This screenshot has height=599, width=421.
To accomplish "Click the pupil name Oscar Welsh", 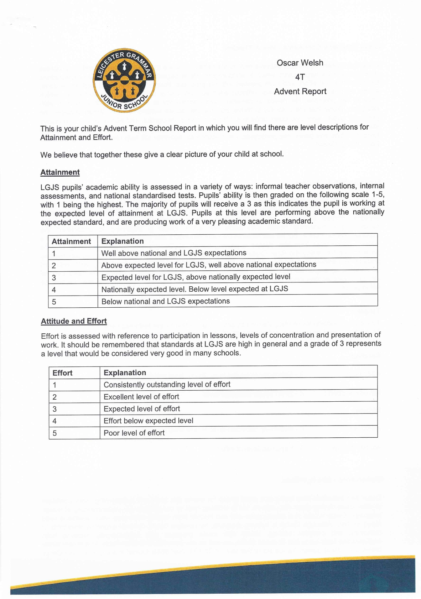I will (300, 63).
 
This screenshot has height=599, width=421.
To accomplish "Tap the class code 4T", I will (300, 77).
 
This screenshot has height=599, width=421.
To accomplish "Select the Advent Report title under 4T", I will (300, 92).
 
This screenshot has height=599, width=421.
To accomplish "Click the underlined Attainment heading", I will (60, 172).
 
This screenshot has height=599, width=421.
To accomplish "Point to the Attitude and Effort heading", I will (74, 321).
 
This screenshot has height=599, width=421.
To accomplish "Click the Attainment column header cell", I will (71, 241).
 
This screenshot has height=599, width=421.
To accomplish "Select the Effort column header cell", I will (62, 373).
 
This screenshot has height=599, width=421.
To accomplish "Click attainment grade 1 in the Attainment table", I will (54, 254).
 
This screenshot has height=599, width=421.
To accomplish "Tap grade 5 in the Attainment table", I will (54, 302).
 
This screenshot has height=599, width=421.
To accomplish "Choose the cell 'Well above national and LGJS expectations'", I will (174, 253).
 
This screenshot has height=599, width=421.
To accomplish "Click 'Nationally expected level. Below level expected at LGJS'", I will (194, 289).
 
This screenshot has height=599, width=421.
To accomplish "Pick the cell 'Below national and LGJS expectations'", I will (166, 301).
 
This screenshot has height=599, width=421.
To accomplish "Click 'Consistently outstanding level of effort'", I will (167, 385).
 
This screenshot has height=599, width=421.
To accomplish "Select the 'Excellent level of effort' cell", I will (141, 397).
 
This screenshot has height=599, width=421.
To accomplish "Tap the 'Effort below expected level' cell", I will (149, 421).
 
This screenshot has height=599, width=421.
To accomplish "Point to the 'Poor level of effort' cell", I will (134, 433).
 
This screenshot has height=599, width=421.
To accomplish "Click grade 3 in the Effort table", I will (54, 409).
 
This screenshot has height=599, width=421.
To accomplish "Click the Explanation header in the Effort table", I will (125, 373).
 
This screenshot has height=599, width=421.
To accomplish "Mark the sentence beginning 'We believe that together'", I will (162, 155).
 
